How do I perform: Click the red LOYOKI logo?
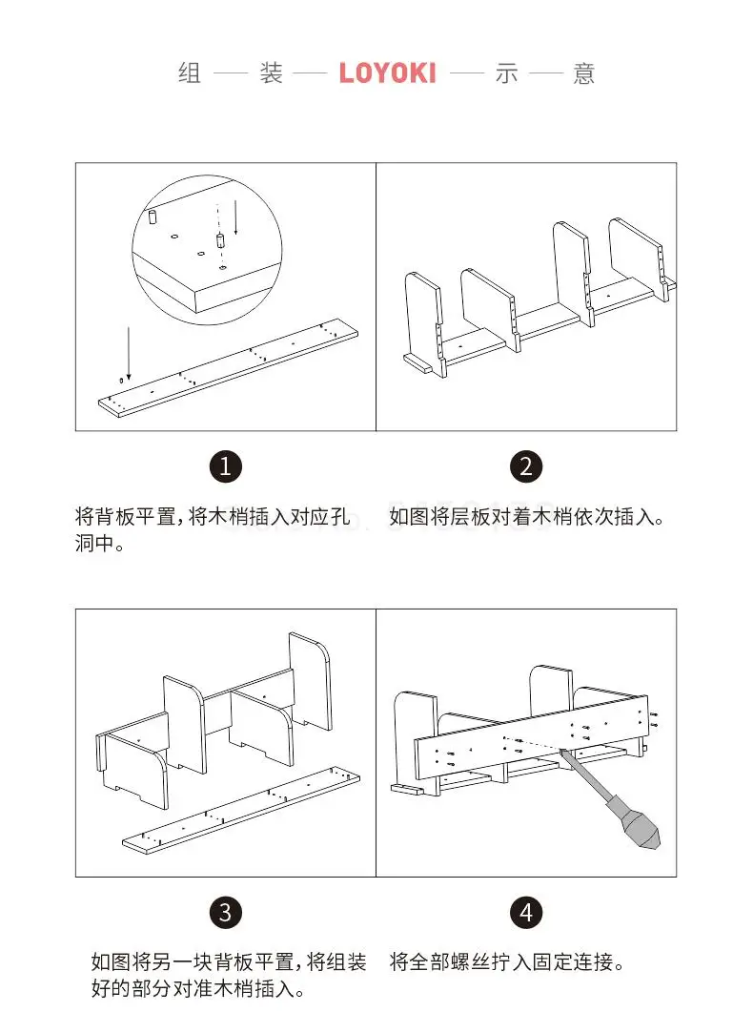click(387, 73)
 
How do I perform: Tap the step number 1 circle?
click(225, 466)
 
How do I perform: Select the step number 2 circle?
click(525, 466)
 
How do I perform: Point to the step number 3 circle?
click(225, 912)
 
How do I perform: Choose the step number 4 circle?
click(525, 912)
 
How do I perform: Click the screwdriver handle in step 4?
click(633, 822)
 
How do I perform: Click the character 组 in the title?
click(190, 74)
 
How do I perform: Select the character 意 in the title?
click(584, 74)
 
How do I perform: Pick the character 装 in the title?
click(272, 74)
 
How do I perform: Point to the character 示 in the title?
click(505, 74)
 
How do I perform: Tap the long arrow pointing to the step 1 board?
click(128, 353)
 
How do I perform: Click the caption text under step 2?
click(525, 518)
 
